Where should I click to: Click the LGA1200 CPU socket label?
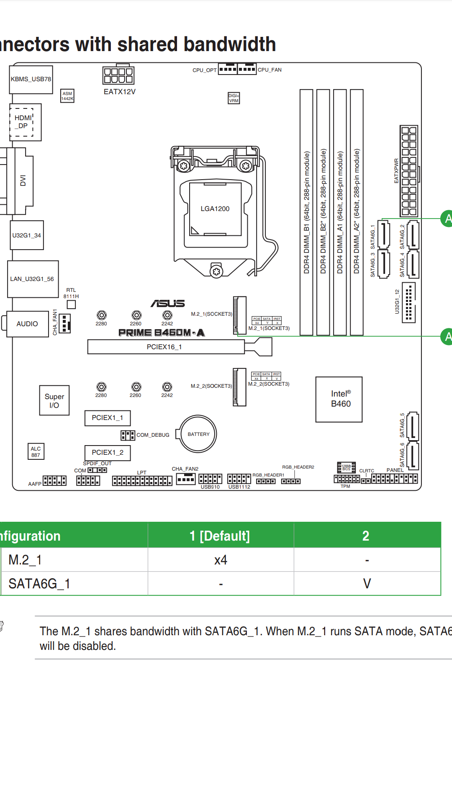point(215,209)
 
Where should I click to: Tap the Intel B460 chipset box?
point(339,399)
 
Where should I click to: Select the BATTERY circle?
point(198,434)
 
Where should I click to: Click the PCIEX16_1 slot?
point(166,347)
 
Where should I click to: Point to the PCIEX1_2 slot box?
point(108,453)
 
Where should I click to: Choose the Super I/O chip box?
point(54,401)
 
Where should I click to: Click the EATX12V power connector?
point(118,76)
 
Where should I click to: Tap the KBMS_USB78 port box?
point(31,79)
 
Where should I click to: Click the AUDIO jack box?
point(27,324)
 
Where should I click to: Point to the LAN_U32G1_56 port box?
point(33,279)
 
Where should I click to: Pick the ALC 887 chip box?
point(36,452)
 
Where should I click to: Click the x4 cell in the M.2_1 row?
point(221,560)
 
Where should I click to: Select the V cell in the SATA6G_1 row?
point(367,583)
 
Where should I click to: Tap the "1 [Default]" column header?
point(220,536)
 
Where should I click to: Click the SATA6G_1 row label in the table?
point(39,583)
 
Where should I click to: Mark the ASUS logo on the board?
point(168,303)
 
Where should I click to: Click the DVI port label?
point(23,180)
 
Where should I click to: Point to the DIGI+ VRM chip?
point(234,98)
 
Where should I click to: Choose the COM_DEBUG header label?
point(153,435)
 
